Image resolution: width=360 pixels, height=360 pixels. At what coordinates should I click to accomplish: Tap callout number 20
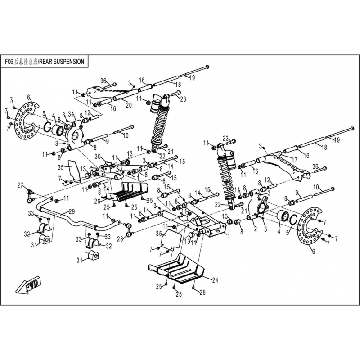pyautogui.click(x=129, y=105)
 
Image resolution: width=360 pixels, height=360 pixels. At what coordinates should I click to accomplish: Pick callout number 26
pyautogui.click(x=97, y=201)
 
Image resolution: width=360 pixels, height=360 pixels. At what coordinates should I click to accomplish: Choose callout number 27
pyautogui.click(x=20, y=185)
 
